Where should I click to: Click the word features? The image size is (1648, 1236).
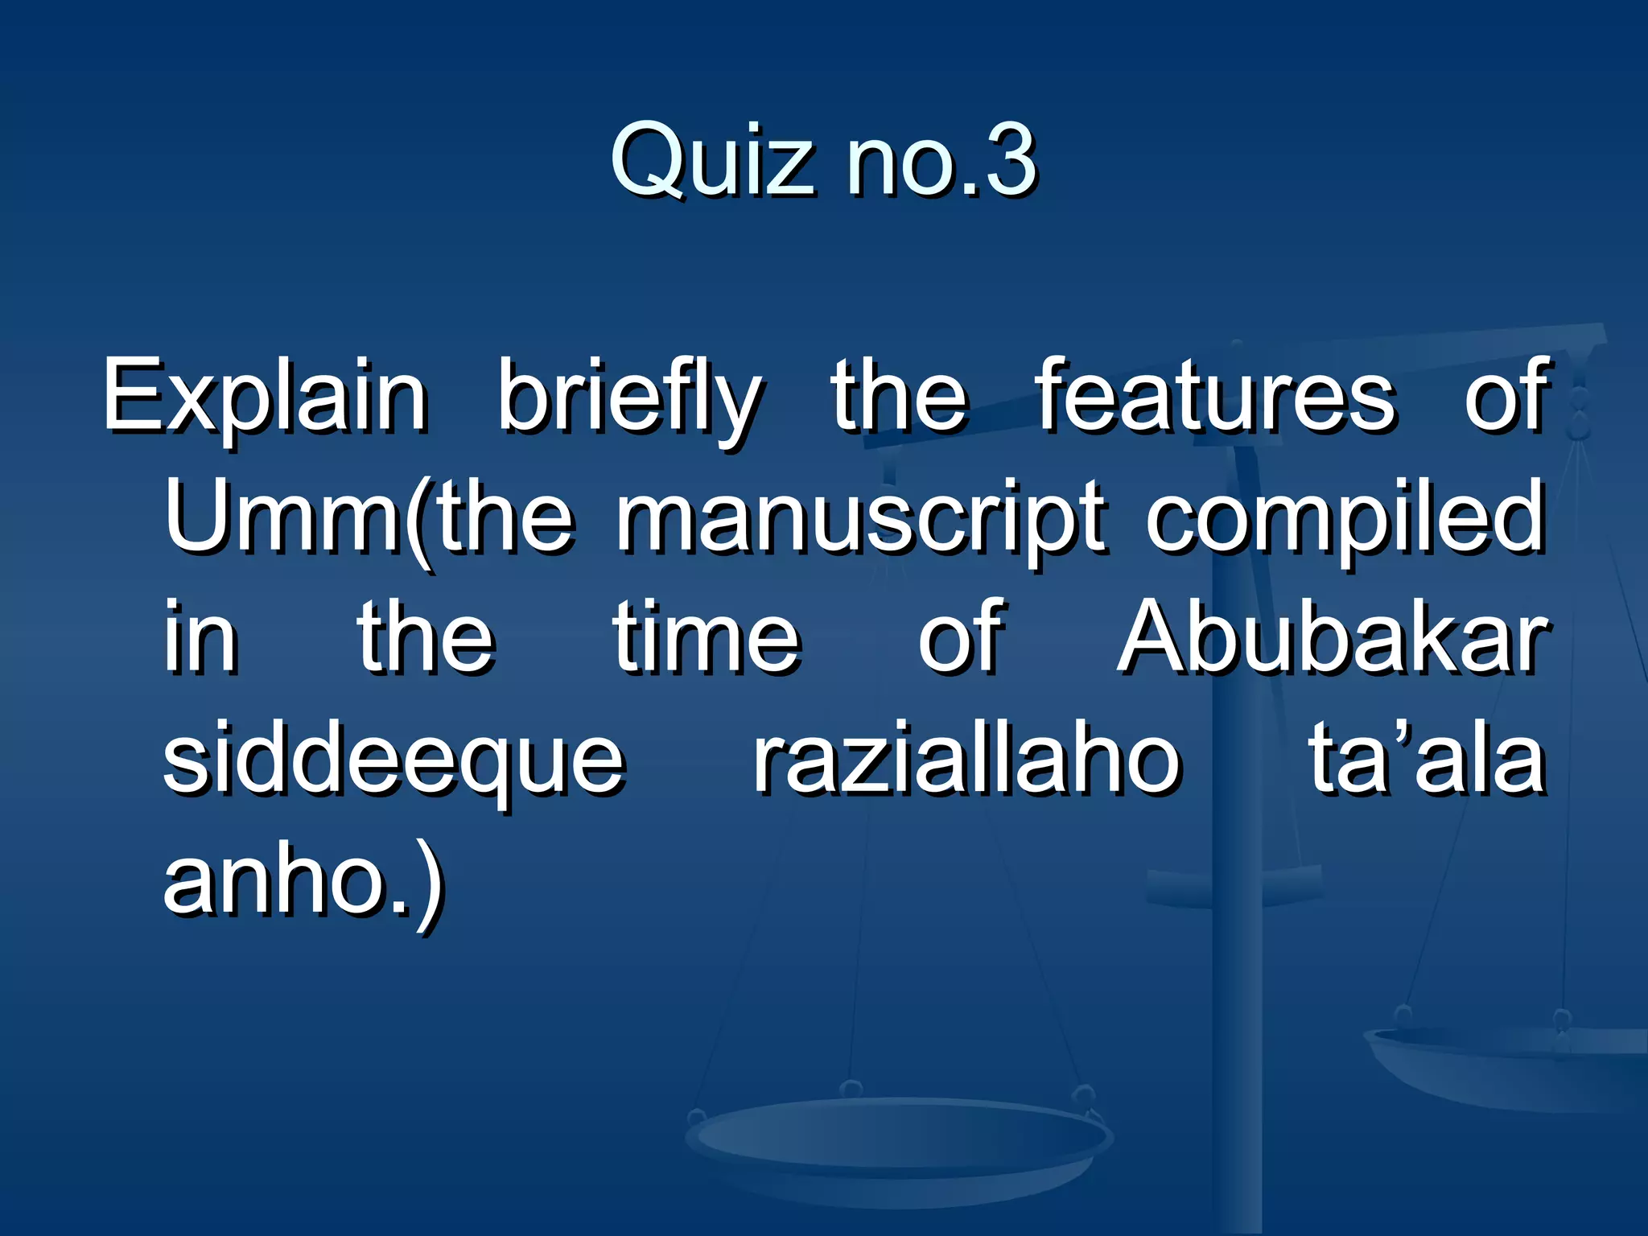point(1216,396)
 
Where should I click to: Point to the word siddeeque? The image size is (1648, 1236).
point(393,761)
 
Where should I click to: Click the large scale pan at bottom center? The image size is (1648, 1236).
point(897,1143)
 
